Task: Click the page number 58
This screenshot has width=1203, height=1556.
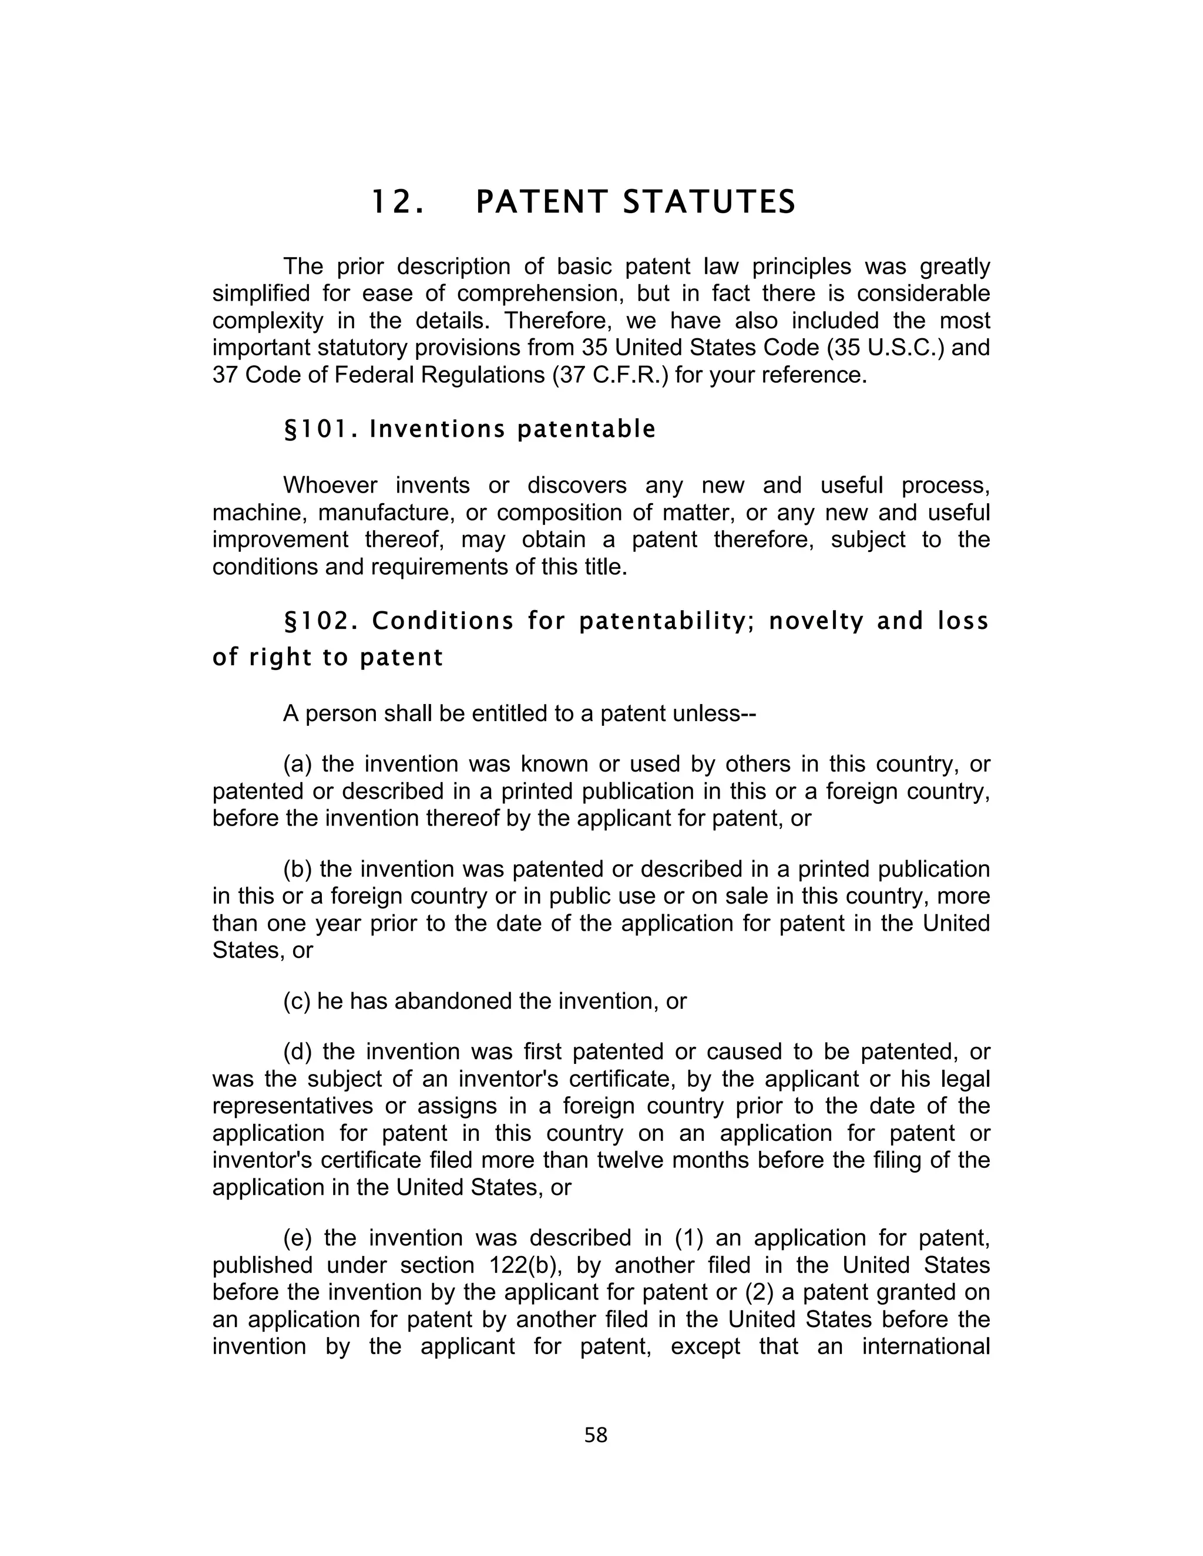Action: point(595,1435)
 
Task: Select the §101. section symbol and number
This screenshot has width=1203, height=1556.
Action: point(321,430)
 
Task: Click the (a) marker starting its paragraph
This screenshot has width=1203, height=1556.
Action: point(298,764)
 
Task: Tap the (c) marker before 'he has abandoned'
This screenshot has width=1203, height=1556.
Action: point(297,1001)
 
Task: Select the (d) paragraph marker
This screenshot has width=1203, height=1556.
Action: point(298,1052)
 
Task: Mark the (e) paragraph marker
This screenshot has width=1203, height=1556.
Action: point(298,1238)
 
